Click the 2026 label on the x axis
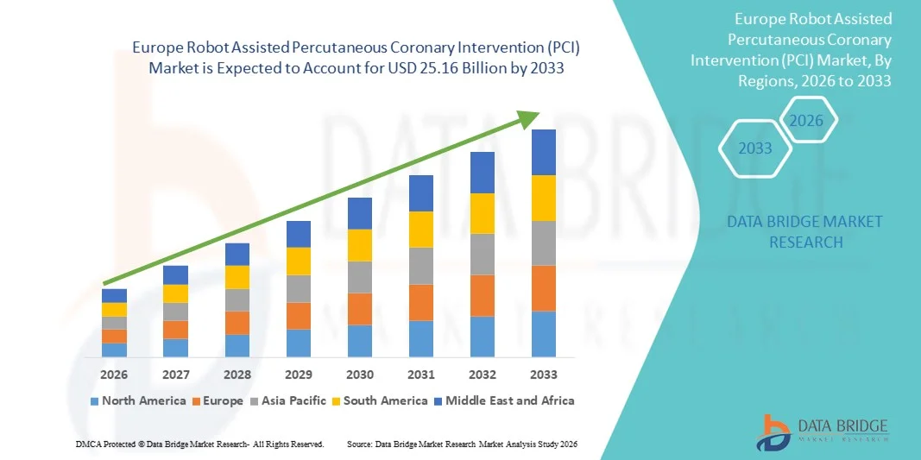[114, 375]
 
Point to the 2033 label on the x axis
[543, 375]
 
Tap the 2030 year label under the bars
[359, 375]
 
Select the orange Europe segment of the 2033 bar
[543, 288]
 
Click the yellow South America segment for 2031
[420, 230]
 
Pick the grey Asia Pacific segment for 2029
[298, 288]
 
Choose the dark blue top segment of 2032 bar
[482, 173]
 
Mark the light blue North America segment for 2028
[237, 345]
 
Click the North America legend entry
[138, 400]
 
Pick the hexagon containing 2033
[755, 148]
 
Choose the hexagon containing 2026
[807, 121]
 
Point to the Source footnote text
[461, 444]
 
